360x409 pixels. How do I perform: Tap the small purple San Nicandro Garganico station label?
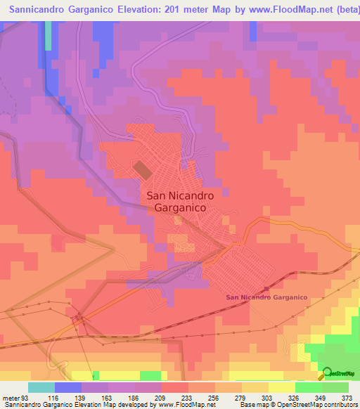[266, 297]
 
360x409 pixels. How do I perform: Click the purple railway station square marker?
[266, 288]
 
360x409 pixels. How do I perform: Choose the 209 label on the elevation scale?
[161, 398]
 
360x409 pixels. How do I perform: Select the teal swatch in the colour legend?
[41, 387]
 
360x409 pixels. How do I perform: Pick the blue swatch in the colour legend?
[68, 387]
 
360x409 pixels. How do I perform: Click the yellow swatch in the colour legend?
[282, 387]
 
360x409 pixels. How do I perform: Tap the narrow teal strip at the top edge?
[48, 35]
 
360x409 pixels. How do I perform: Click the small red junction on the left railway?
[79, 319]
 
